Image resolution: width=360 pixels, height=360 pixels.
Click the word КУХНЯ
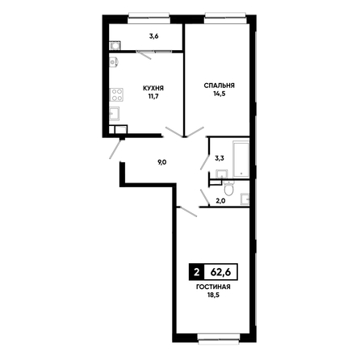153,88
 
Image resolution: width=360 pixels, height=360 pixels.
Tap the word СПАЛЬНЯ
219,86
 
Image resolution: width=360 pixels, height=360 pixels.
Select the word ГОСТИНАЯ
213,287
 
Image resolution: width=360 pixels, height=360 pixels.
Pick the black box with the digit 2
197,273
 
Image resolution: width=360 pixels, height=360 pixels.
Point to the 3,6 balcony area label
154,36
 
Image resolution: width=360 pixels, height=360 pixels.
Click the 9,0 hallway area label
162,162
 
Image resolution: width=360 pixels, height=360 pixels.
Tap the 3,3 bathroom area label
220,158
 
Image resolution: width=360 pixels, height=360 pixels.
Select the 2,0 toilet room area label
220,200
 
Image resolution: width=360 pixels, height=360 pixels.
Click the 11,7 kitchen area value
153,96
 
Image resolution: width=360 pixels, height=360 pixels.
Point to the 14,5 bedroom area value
220,94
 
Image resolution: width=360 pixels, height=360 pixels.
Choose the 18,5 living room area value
214,295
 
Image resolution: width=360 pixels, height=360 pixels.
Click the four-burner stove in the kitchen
116,94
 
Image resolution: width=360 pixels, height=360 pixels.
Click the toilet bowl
229,188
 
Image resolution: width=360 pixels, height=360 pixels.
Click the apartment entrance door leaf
115,149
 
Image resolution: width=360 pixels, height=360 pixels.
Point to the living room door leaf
188,211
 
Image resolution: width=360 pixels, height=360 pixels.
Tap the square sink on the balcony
115,46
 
